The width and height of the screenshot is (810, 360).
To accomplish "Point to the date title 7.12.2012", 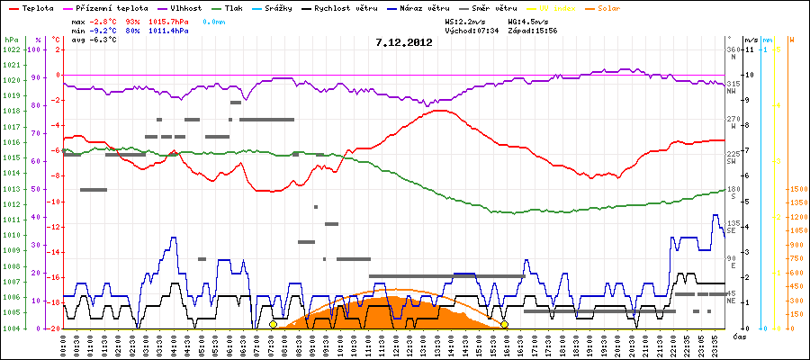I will tap(404, 41).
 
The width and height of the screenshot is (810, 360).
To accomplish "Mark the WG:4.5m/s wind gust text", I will tap(527, 20).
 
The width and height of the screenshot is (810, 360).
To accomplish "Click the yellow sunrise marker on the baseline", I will tap(273, 324).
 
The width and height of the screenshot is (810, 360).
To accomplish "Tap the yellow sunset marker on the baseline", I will tap(505, 324).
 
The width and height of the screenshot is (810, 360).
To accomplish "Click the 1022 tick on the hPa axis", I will tap(12, 49).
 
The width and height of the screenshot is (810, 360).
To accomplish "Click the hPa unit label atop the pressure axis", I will tap(11, 40).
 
